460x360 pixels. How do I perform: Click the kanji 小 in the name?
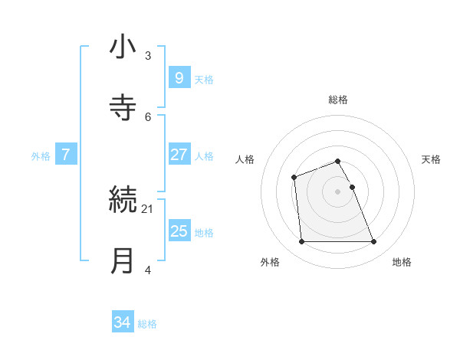123,48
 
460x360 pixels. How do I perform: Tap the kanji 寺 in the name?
123,107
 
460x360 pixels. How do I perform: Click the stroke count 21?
147,208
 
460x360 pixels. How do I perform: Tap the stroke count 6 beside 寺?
148,116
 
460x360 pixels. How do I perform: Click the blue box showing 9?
179,78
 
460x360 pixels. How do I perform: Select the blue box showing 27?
179,155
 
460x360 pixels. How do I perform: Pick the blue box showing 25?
179,231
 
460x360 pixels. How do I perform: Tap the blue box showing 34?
123,323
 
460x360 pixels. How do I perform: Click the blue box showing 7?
66,155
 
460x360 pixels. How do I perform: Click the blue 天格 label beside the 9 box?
204,79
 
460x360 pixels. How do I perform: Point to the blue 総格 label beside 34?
147,324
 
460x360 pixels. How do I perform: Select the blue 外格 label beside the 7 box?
41,155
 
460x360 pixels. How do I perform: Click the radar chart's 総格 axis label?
338,100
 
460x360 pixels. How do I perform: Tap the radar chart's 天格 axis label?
431,159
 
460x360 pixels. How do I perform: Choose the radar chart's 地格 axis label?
402,262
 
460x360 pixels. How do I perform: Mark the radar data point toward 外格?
301,242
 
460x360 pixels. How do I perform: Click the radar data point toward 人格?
294,178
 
